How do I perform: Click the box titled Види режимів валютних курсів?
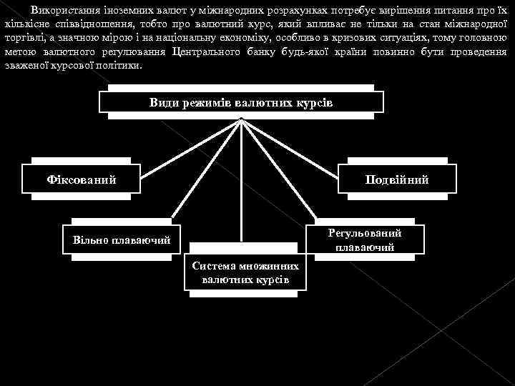point(241,102)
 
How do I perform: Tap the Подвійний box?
point(396,179)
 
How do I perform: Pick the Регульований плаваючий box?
point(365,240)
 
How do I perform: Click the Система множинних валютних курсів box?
point(245,272)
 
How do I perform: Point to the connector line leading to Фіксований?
point(179,144)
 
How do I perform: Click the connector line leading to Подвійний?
point(300,143)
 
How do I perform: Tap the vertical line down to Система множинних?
point(242,186)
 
